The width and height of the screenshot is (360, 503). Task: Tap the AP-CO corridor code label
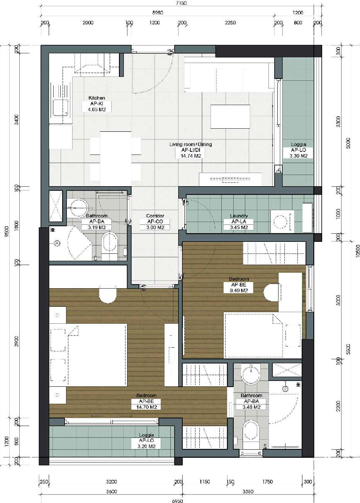155,222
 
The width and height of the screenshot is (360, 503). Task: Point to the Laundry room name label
239,216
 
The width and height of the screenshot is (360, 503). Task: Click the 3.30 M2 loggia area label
299,156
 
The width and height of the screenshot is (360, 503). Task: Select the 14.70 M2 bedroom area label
146,407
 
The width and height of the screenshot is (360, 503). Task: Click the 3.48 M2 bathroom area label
251,407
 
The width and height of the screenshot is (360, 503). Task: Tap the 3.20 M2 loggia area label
146,446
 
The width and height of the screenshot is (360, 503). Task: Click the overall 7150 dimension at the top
181,3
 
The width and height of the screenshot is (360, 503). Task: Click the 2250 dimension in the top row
230,23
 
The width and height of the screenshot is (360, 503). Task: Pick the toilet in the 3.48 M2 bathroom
251,432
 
